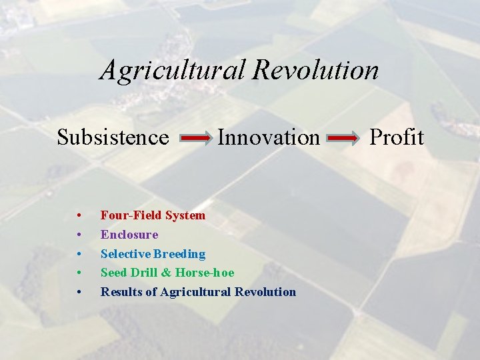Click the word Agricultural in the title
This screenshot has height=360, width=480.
point(173,70)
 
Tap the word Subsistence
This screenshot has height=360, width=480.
point(113,137)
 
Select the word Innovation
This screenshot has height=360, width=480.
point(269,137)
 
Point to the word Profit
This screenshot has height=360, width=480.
point(396,137)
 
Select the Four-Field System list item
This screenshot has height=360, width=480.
point(153,215)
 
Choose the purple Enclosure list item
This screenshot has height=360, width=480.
point(129,235)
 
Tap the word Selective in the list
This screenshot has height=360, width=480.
point(125,254)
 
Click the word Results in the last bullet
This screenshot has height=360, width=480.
point(119,292)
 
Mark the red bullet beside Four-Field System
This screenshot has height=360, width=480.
point(79,216)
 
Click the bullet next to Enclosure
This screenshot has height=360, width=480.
point(79,235)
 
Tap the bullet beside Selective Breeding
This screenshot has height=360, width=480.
point(79,254)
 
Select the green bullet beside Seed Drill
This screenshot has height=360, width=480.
point(79,273)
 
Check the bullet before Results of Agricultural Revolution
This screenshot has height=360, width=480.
point(79,292)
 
